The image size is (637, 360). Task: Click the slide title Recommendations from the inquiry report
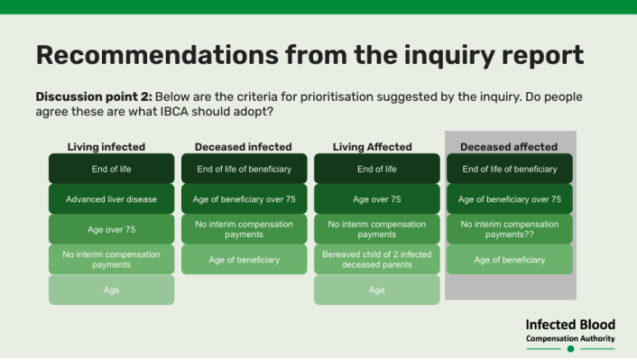pos(309,54)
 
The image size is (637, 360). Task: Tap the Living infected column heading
pos(106,147)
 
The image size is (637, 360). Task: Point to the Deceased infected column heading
pos(244,147)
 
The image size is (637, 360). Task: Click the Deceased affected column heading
pos(509,147)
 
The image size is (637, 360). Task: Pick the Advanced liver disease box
pos(112,198)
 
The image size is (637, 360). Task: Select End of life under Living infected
pos(112,169)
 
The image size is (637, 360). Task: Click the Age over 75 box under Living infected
pos(112,229)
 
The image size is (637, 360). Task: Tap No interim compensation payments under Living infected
pos(112,260)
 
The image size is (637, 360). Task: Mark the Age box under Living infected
pos(112,290)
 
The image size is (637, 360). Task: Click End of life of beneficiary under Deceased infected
pos(244,169)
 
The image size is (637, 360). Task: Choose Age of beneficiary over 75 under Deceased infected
pos(244,198)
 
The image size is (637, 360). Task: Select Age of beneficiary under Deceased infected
pos(244,260)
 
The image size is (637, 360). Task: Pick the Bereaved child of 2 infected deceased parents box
pos(377,260)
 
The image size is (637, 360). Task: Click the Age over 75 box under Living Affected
pos(377,198)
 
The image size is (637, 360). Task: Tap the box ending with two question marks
pos(510,229)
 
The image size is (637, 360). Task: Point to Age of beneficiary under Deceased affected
pos(510,260)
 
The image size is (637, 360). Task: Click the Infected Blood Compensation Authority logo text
pos(570,331)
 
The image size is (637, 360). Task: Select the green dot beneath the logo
pos(570,348)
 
